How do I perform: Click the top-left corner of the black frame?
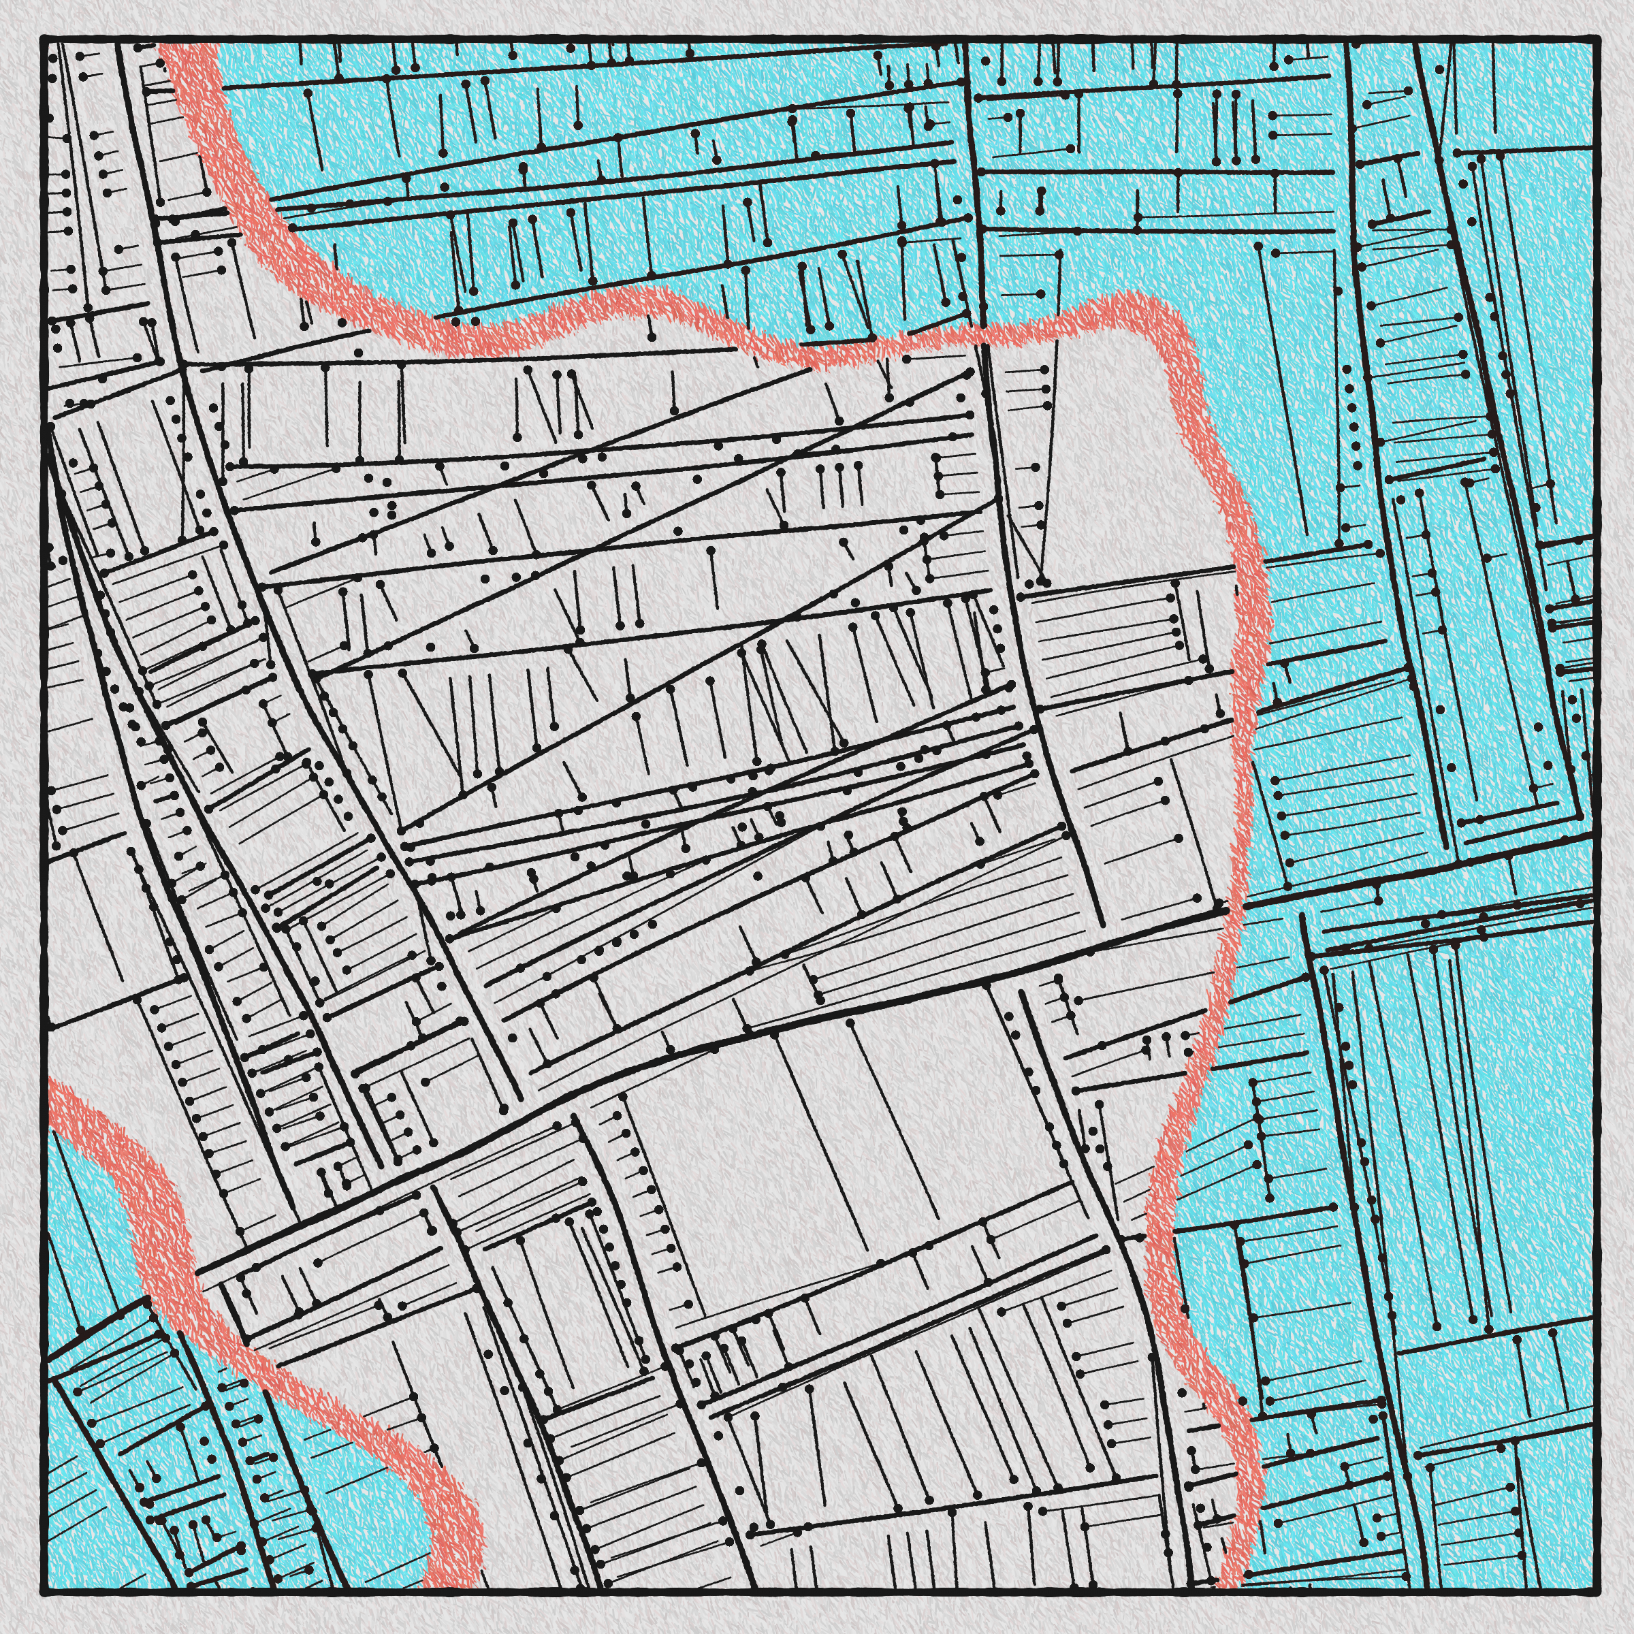pyautogui.click(x=42, y=39)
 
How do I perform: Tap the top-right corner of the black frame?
pyautogui.click(x=1595, y=39)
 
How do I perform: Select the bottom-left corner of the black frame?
pyautogui.click(x=42, y=1592)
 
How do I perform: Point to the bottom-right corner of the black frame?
pyautogui.click(x=1595, y=1592)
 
